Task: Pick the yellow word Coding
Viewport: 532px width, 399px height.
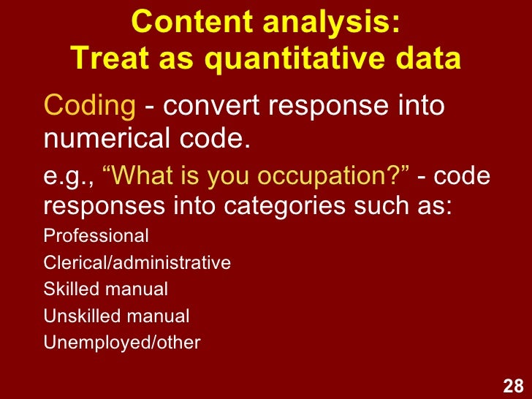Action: [87, 107]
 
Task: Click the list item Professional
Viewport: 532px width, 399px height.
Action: [96, 237]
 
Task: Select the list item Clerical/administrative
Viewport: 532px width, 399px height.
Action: [137, 263]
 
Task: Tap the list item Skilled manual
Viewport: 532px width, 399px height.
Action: [106, 289]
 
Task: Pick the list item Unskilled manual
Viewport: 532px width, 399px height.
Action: [117, 316]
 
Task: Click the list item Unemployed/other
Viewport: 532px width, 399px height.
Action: [122, 342]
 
